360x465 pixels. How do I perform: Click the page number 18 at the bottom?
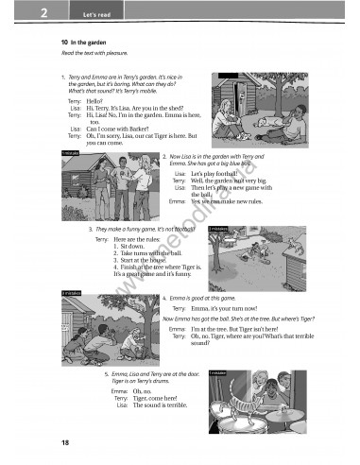(x=63, y=443)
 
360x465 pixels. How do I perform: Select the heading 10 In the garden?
(x=86, y=43)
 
